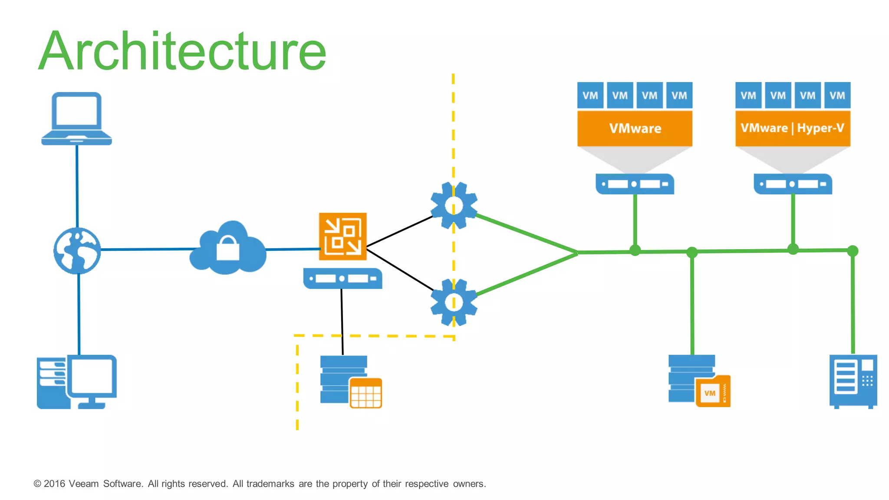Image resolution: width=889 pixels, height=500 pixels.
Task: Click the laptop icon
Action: pyautogui.click(x=76, y=118)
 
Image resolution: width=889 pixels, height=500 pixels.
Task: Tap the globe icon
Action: pyautogui.click(x=77, y=250)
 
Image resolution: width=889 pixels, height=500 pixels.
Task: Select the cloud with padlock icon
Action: pyautogui.click(x=228, y=249)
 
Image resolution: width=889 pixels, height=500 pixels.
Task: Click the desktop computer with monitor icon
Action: pyautogui.click(x=77, y=382)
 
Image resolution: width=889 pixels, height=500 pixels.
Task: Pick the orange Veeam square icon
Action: pyautogui.click(x=342, y=237)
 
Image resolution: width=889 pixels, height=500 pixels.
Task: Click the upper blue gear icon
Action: pyautogui.click(x=454, y=205)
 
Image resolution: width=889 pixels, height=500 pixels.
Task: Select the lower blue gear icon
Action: pyautogui.click(x=454, y=302)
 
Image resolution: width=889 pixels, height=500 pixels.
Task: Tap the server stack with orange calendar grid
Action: pyautogui.click(x=350, y=382)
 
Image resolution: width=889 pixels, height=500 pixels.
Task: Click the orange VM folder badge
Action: pyautogui.click(x=712, y=391)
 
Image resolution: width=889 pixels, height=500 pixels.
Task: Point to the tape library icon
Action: pyautogui.click(x=853, y=381)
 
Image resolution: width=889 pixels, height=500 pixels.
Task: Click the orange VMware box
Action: pyautogui.click(x=635, y=128)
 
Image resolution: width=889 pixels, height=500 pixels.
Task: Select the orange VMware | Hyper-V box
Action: pyautogui.click(x=793, y=128)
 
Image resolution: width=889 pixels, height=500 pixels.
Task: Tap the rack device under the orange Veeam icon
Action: pyautogui.click(x=342, y=279)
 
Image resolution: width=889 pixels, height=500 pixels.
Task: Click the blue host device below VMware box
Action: pyautogui.click(x=635, y=184)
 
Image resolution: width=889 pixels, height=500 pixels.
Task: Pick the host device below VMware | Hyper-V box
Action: pyautogui.click(x=793, y=184)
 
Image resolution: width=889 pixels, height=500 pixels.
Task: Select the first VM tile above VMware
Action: pyautogui.click(x=590, y=95)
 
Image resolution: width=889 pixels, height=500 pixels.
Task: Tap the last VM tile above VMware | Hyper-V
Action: pyautogui.click(x=837, y=95)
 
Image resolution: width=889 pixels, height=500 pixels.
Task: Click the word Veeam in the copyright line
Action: pyautogui.click(x=83, y=484)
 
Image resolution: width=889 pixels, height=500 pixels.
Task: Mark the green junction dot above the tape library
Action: pyautogui.click(x=853, y=251)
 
